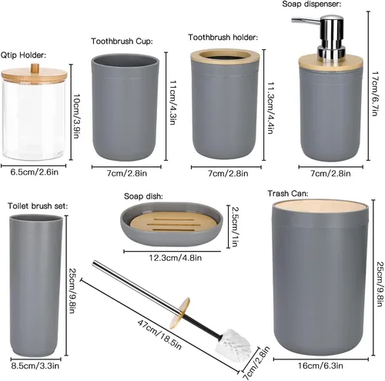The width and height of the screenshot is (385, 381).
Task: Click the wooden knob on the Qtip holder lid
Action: point(35,68)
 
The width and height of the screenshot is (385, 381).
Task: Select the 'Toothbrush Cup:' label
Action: point(122,42)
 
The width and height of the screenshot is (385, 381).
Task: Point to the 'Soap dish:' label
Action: point(143,196)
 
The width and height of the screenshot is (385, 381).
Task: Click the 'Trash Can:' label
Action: point(288,193)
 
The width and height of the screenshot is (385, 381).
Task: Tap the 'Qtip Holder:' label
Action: point(23,55)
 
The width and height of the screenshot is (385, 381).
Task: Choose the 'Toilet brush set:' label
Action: point(38,206)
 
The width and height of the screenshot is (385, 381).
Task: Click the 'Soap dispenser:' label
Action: point(312,4)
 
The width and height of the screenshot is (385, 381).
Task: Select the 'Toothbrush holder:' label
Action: point(223,38)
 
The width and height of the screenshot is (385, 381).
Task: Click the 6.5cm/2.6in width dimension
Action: point(35,172)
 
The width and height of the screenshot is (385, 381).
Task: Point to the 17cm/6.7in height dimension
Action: point(375,94)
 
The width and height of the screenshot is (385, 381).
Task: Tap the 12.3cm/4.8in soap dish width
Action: point(176,258)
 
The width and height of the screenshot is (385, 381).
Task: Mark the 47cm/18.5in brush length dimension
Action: point(159,335)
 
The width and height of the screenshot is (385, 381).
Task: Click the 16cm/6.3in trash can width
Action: point(320,366)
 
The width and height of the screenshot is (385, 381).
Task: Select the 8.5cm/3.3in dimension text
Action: point(35,366)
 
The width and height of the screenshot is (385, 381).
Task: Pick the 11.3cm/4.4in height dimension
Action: point(270,108)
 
